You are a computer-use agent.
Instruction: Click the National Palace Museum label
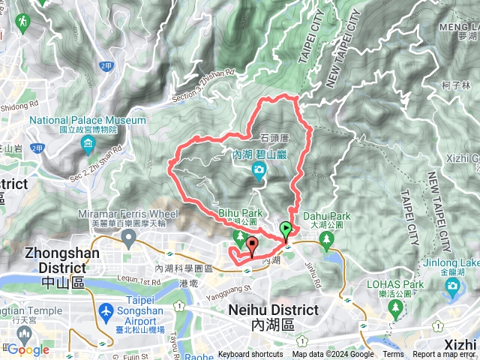pos(87,120)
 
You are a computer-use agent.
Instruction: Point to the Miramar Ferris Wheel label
pos(128,214)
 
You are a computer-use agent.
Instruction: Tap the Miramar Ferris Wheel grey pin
pos(128,239)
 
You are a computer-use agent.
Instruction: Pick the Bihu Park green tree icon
pos(240,239)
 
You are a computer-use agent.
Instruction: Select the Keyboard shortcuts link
pos(251,355)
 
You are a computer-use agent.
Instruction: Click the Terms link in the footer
pos(393,355)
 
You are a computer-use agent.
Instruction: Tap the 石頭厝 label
pos(274,138)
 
